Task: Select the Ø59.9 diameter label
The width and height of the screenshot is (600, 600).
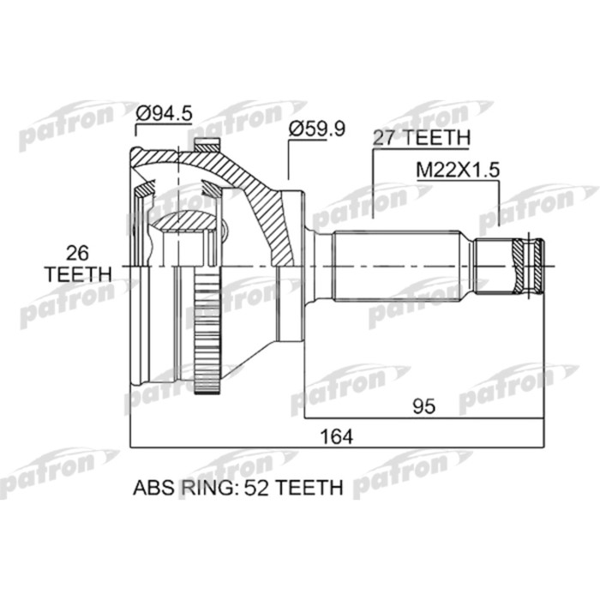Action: click(317, 129)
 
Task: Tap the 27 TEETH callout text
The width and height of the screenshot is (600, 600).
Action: click(422, 137)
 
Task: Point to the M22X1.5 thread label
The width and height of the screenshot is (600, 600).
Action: click(458, 170)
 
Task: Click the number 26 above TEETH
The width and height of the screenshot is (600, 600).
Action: click(77, 254)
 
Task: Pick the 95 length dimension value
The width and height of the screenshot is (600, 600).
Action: click(424, 406)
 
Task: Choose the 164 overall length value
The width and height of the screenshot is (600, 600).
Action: click(337, 436)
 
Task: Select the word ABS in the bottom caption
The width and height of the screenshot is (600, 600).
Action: click(154, 488)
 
